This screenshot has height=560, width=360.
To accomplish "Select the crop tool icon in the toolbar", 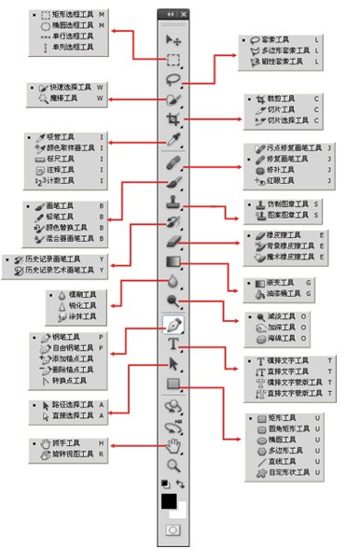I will click(173, 120).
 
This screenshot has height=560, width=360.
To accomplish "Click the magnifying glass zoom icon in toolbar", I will click(173, 464).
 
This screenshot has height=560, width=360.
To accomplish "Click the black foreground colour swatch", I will click(169, 501).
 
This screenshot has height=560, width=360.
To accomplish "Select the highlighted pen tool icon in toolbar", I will click(173, 325).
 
